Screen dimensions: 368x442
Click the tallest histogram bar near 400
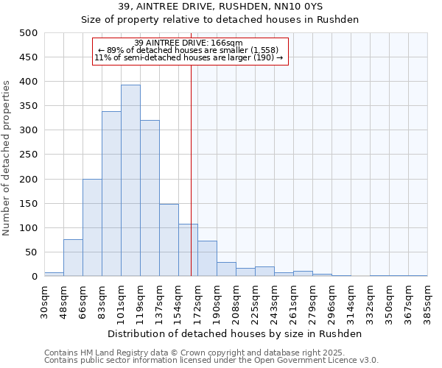[x=130, y=180]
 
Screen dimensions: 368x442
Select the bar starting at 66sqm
[x=92, y=227]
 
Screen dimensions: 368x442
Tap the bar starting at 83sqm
[x=111, y=194]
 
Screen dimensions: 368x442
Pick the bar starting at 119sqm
[x=150, y=198]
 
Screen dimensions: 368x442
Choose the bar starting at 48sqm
[x=73, y=258]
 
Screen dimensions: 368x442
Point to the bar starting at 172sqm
[x=207, y=258]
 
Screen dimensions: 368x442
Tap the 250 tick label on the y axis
[x=28, y=155]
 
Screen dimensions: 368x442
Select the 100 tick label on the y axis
[x=28, y=228]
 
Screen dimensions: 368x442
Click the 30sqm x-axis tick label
[x=44, y=301]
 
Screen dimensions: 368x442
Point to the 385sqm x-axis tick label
[x=427, y=301]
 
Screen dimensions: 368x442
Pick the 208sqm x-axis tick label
[x=236, y=301]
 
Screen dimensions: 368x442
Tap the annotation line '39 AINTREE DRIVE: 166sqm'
[x=189, y=43]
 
